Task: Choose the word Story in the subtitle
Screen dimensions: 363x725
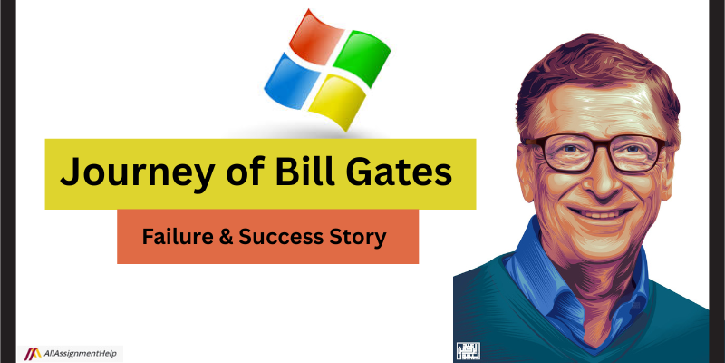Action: coord(362,237)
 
